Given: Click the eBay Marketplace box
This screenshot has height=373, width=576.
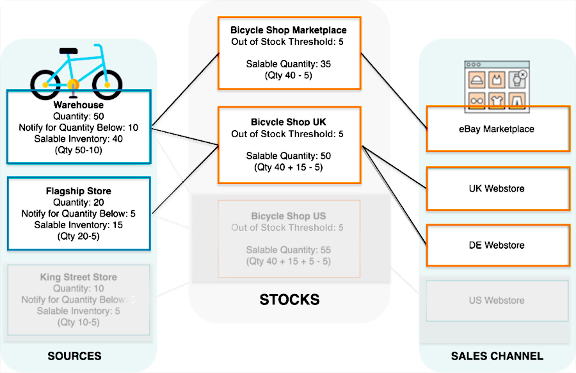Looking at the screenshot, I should pyautogui.click(x=497, y=129).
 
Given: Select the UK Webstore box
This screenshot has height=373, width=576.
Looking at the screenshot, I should pyautogui.click(x=497, y=189).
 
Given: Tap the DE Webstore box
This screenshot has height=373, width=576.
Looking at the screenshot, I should pyautogui.click(x=497, y=245).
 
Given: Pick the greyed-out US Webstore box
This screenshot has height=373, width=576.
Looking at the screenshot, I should pyautogui.click(x=497, y=300).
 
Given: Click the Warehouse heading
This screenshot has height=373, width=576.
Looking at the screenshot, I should pyautogui.click(x=79, y=105).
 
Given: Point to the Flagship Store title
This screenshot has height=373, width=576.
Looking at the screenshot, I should pyautogui.click(x=79, y=191).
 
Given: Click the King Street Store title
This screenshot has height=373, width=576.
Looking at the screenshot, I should pyautogui.click(x=79, y=278).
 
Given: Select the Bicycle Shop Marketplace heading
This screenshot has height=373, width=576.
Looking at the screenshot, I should pyautogui.click(x=289, y=30).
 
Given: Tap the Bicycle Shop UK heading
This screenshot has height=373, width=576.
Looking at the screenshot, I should pyautogui.click(x=289, y=122).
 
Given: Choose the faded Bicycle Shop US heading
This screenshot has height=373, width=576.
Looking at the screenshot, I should pyautogui.click(x=289, y=216).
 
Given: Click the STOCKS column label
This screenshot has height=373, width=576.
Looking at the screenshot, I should pyautogui.click(x=289, y=299).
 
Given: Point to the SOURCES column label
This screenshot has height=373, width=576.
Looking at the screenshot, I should pyautogui.click(x=74, y=356).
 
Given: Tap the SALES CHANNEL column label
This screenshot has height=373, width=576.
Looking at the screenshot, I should pyautogui.click(x=497, y=356).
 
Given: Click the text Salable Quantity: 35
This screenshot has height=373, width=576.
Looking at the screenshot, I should pyautogui.click(x=289, y=64).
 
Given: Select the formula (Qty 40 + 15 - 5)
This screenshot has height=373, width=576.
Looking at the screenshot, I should pyautogui.click(x=289, y=168).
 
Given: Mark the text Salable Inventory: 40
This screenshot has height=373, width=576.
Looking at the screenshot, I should pyautogui.click(x=79, y=138).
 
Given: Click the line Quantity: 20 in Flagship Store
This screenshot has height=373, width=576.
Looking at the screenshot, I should pyautogui.click(x=79, y=203).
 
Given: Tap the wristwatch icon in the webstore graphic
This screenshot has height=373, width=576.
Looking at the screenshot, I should pyautogui.click(x=516, y=80).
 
